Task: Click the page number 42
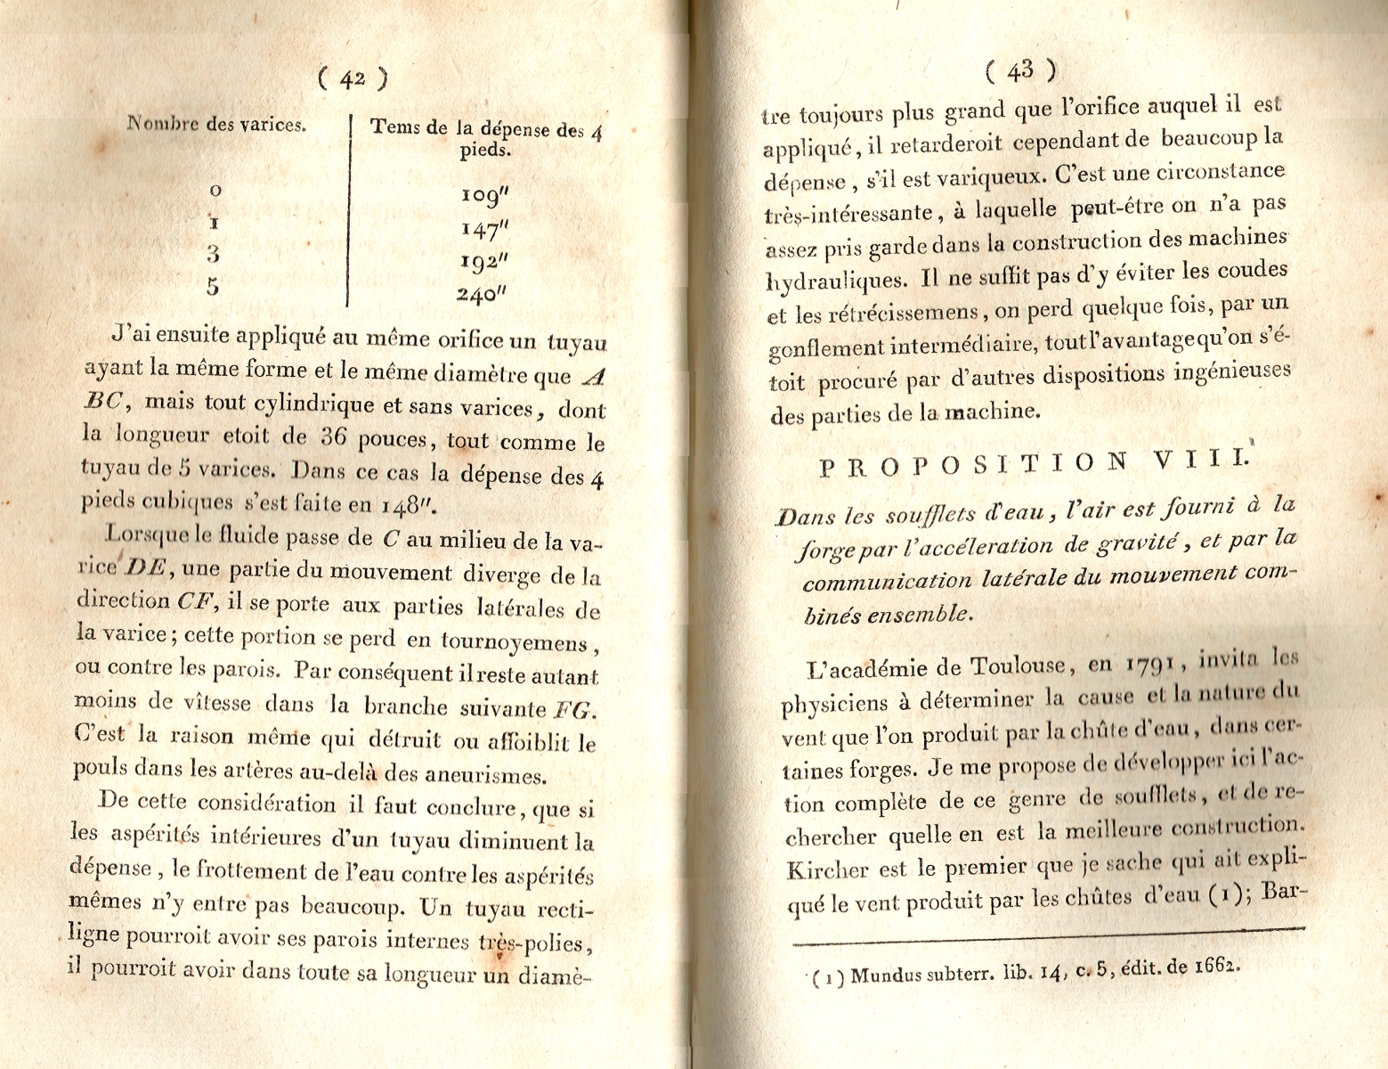point(353,79)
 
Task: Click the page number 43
point(1020,69)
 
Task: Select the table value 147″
point(485,230)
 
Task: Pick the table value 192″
point(485,262)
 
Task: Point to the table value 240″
point(484,294)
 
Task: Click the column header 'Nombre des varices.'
point(217,124)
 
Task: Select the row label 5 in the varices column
point(213,287)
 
